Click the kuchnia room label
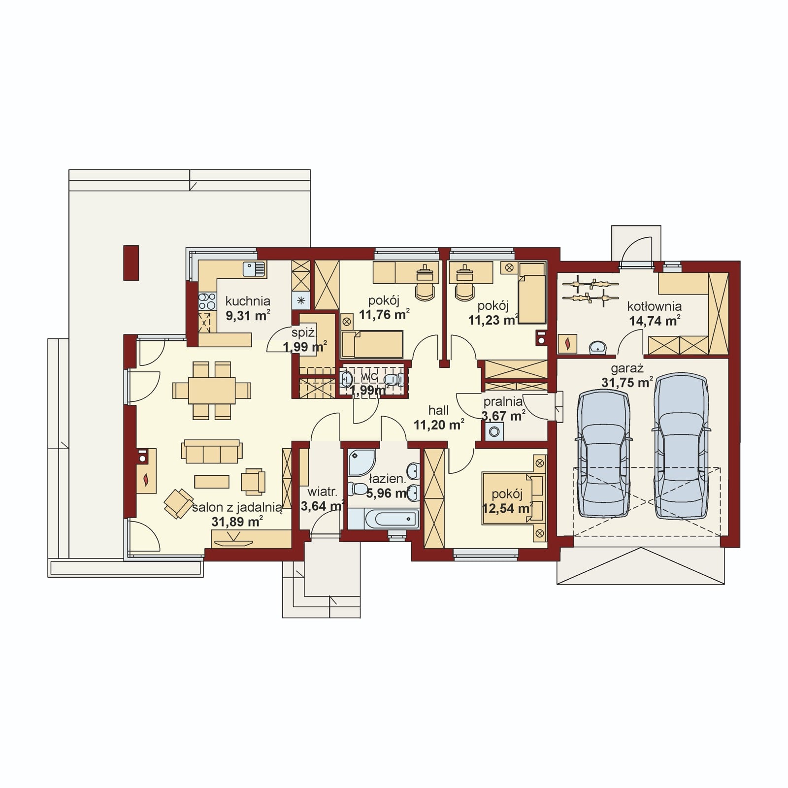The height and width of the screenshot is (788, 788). pyautogui.click(x=248, y=301)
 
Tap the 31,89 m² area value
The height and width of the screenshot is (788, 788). pyautogui.click(x=237, y=522)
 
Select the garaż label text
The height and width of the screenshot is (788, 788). pyautogui.click(x=627, y=368)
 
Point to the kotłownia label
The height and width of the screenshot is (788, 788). pyautogui.click(x=654, y=307)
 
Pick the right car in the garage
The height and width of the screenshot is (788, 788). pyautogui.click(x=681, y=446)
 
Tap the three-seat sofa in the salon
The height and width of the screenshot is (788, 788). pyautogui.click(x=212, y=451)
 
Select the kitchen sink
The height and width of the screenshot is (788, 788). pyautogui.click(x=254, y=269)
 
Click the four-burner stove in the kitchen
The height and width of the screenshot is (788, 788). pyautogui.click(x=207, y=301)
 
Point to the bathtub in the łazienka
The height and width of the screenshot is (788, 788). pyautogui.click(x=383, y=519)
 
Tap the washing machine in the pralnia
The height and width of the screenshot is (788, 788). pyautogui.click(x=493, y=432)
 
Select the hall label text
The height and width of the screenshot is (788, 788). pyautogui.click(x=438, y=410)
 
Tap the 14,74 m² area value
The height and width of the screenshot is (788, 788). pyautogui.click(x=655, y=321)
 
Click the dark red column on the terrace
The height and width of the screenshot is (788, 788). pyautogui.click(x=131, y=263)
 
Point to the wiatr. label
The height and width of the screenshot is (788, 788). pyautogui.click(x=322, y=492)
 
